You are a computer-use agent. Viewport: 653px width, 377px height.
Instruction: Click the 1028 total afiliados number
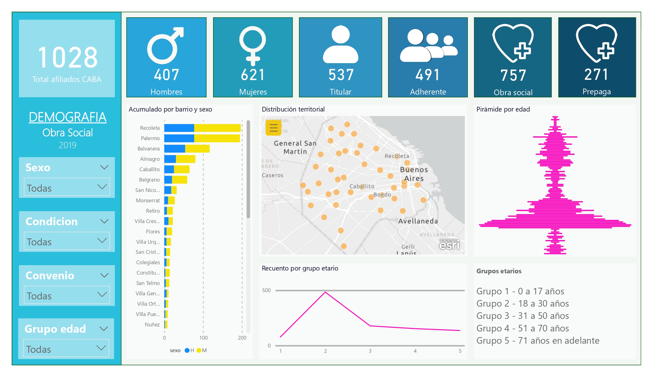67,57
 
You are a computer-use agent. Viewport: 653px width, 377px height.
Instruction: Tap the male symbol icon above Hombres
165,46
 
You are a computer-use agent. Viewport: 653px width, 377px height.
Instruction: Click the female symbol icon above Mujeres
252,44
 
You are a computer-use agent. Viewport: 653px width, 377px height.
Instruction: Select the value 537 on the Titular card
341,75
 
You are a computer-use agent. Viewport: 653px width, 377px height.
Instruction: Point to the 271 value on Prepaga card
596,74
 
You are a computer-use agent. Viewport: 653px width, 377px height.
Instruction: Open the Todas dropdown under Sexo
67,188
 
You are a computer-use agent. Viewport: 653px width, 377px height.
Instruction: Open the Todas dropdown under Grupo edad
66,349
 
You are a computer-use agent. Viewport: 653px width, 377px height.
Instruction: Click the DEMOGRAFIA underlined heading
67,117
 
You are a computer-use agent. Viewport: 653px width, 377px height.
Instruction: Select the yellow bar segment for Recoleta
217,128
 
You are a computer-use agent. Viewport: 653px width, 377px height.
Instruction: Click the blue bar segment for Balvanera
174,149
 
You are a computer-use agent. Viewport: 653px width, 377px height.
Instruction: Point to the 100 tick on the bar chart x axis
203,338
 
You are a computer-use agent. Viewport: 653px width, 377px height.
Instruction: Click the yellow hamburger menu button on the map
273,128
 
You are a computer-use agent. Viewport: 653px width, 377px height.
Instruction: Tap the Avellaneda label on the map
418,221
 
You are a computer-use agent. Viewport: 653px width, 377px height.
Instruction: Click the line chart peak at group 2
325,292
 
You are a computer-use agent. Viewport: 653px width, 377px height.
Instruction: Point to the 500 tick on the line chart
266,290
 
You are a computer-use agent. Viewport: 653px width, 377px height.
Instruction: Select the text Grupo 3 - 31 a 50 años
522,316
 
